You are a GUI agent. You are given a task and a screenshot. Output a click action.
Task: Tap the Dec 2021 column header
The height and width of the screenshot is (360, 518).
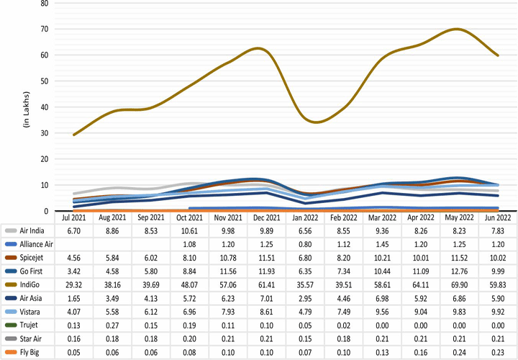point(266,217)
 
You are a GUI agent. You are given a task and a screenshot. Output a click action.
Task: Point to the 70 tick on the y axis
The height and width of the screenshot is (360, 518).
point(44,29)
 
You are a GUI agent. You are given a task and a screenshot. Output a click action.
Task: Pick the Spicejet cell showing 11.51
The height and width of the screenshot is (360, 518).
point(266,257)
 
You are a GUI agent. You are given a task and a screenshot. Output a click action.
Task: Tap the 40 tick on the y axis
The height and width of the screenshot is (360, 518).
point(44,107)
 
